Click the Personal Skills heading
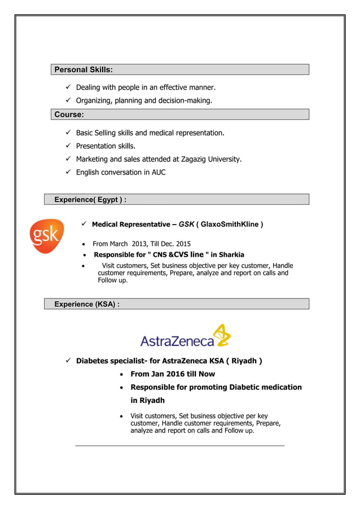click(x=83, y=69)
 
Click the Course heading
click(x=69, y=115)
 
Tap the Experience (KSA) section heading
click(x=86, y=304)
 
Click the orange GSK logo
click(x=46, y=236)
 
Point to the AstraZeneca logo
click(x=185, y=337)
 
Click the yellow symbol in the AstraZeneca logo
click(x=223, y=335)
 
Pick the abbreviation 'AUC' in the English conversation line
click(x=159, y=172)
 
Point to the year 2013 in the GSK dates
click(x=139, y=244)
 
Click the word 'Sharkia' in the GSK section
click(x=231, y=254)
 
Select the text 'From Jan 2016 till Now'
click(x=173, y=374)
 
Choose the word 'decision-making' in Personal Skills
click(x=185, y=100)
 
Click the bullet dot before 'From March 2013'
click(x=84, y=245)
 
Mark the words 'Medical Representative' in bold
click(x=130, y=225)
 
